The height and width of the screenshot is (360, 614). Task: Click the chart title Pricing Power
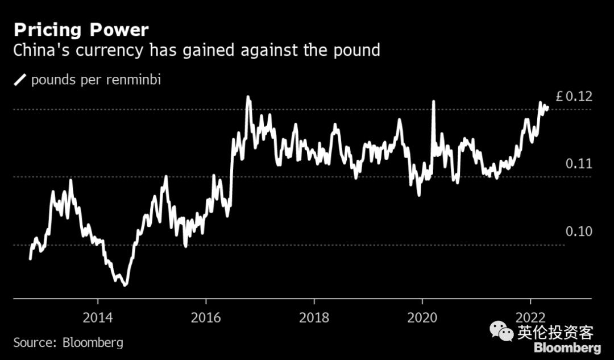[81, 30]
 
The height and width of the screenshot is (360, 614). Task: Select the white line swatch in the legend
[20, 80]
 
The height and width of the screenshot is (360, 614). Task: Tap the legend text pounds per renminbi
[96, 80]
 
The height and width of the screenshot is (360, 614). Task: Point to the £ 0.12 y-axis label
[574, 97]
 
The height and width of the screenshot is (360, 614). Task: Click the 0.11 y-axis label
[579, 164]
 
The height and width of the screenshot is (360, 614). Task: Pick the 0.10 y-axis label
[579, 232]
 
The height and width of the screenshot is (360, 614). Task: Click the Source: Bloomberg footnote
[68, 343]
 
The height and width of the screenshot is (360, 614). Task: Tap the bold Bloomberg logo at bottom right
[567, 347]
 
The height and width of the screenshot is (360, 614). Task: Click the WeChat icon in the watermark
[501, 331]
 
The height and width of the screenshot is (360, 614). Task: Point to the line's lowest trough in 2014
[125, 284]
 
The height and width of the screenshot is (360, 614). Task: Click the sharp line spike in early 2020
[433, 102]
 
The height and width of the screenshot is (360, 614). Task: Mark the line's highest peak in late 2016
[248, 97]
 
